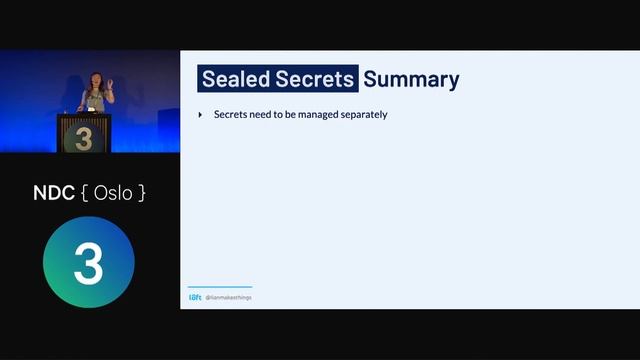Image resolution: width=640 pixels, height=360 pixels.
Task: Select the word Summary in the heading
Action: point(411,79)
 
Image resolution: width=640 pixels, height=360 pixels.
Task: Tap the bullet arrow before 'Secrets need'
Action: point(201,115)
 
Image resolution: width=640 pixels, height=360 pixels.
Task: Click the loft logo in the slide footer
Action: point(195,297)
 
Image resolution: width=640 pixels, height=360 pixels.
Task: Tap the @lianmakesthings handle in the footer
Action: point(229,297)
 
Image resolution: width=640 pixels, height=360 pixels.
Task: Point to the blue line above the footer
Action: point(220,287)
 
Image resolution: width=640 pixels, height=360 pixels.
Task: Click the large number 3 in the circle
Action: point(88,263)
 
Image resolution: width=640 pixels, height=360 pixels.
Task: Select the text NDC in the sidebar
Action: point(54,193)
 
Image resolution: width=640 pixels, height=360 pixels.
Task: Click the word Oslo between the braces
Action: point(113,193)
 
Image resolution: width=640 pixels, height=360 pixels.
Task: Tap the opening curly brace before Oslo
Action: point(86,193)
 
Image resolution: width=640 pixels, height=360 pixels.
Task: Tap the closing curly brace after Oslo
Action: point(141,193)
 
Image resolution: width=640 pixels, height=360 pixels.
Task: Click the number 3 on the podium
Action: point(84,138)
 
